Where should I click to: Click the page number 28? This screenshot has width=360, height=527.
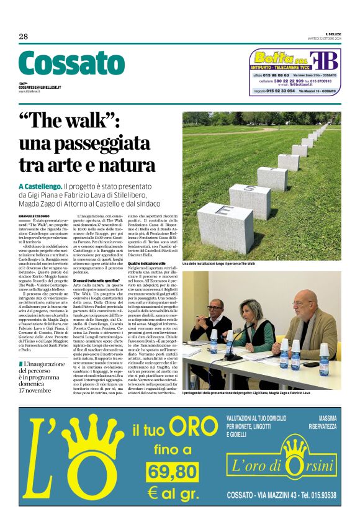pos(24,36)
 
